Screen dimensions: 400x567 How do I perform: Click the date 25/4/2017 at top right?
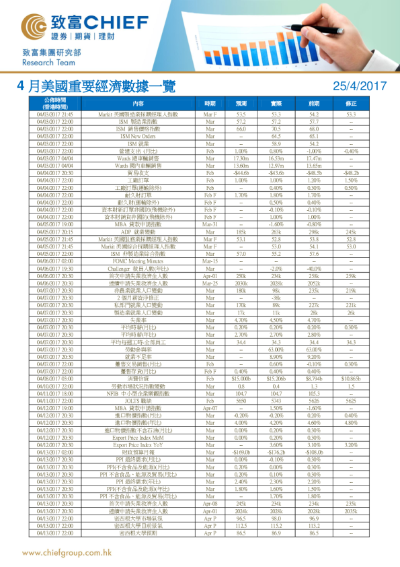click(x=360, y=86)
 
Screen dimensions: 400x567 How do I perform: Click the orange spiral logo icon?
click(x=38, y=26)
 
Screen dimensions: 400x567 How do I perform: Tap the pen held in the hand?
click(x=316, y=22)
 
